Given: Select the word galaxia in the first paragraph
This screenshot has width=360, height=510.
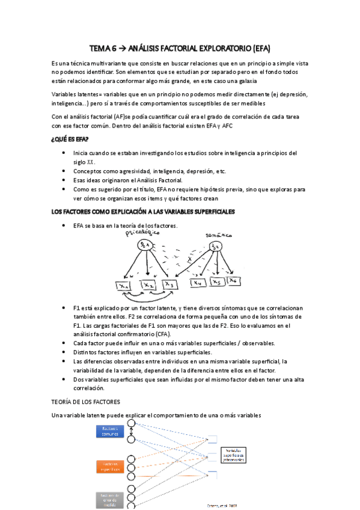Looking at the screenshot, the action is [243, 80].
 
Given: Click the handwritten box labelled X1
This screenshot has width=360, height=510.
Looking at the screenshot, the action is [125, 269].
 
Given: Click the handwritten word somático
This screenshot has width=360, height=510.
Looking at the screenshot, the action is [220, 235].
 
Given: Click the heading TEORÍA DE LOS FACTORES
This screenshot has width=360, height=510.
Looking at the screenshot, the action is [86, 401].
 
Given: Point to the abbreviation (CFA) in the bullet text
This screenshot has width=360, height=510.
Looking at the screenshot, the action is [162, 334].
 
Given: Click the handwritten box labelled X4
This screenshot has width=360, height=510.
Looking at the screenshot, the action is [198, 265].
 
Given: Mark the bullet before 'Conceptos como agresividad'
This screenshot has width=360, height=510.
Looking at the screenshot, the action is [64, 171].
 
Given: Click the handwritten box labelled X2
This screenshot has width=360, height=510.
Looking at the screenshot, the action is [148, 269].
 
